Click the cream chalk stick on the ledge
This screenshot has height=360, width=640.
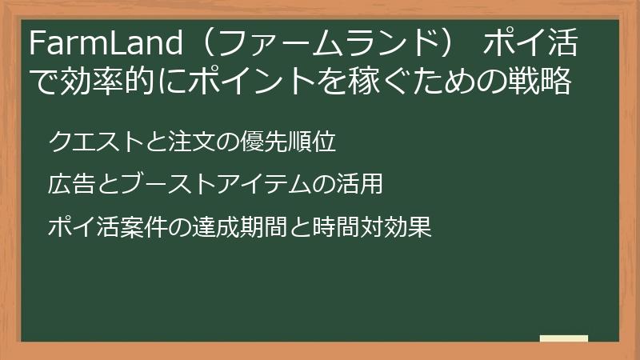click(564, 338)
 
